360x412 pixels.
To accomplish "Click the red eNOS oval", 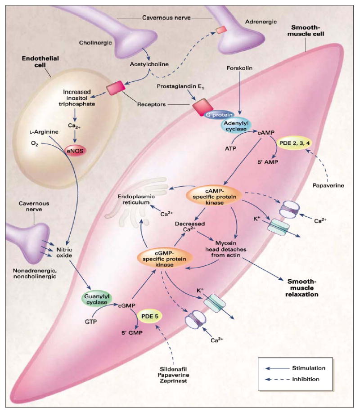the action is point(76,151).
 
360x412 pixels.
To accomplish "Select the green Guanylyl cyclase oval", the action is point(97,299).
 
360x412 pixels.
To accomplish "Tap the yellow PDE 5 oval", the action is point(150,316).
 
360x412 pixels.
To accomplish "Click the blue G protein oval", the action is point(219,115).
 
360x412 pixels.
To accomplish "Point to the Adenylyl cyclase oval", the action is point(236,126).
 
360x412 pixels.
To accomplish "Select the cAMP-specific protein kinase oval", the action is point(215,197).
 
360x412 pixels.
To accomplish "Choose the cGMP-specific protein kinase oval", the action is point(165,259).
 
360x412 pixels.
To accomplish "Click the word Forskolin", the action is point(239,68).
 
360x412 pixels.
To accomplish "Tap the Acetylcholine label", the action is point(149,64).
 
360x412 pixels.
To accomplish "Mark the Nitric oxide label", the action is point(64,252).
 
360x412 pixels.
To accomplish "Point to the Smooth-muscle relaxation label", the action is point(302,288).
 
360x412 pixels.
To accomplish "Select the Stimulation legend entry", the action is point(309,368).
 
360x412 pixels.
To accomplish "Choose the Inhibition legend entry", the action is point(306,379).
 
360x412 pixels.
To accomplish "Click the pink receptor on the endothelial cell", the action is point(116,88).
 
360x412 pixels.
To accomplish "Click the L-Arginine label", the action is point(44,132).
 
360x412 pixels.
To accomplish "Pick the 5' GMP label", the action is point(132,333).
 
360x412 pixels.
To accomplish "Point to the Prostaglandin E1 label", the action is point(180,86).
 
